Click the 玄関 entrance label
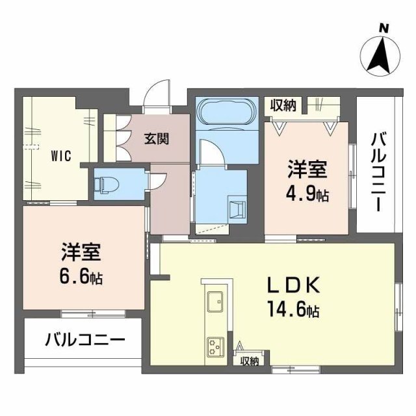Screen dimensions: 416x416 coord(157,138)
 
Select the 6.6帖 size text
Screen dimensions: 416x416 coord(81,278)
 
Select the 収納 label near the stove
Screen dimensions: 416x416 coord(249,361)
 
